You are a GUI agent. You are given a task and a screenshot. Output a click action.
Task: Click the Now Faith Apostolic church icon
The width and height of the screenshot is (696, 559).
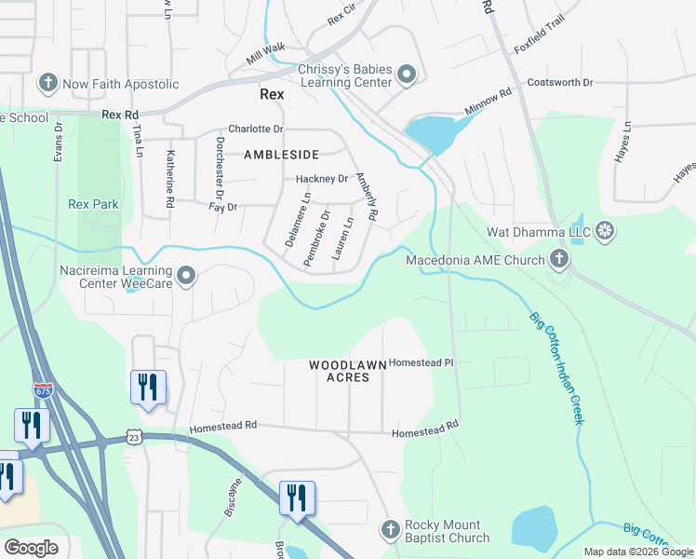tap(48, 84)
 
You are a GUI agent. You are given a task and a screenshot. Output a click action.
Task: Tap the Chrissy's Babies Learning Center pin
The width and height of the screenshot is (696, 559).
tap(407, 74)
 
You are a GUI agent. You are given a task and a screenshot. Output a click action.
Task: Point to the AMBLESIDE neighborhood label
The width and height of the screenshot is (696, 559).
tap(281, 155)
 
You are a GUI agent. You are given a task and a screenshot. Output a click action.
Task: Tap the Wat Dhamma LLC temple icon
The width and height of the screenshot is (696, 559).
tap(605, 231)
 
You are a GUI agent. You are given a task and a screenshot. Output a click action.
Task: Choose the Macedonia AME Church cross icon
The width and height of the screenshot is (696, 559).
tap(559, 259)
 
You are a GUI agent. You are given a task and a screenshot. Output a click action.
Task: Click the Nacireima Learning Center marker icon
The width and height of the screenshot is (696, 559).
tap(187, 275)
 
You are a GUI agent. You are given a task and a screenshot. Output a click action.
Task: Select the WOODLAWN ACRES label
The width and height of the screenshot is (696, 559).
tap(340, 370)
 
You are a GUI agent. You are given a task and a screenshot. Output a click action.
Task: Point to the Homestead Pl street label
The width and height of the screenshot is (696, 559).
tap(421, 362)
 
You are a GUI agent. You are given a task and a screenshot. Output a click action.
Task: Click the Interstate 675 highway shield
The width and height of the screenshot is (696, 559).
tap(43, 391)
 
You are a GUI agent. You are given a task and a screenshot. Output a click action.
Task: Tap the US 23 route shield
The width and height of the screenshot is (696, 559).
tap(135, 436)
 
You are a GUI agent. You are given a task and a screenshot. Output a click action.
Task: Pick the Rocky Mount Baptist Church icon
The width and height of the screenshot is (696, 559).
tap(391, 530)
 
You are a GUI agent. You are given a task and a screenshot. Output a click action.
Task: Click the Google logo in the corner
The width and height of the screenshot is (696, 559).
tap(31, 548)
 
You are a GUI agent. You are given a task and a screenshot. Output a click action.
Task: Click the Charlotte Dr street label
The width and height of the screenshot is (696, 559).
tap(256, 130)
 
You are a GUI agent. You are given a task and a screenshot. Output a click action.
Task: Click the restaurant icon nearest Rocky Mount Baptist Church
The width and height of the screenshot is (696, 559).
tap(297, 498)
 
